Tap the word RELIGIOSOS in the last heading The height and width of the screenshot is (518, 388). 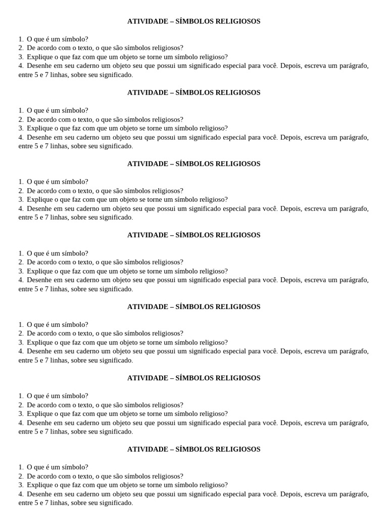coord(238,449)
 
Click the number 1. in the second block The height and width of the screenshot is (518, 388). coord(21,110)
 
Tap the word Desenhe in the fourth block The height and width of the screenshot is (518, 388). coord(40,280)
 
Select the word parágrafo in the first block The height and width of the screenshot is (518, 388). coord(353,66)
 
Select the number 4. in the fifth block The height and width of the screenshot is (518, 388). coord(21,351)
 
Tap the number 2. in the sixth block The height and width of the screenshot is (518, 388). coord(21,405)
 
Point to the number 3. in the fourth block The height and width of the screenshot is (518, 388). coord(21,271)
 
